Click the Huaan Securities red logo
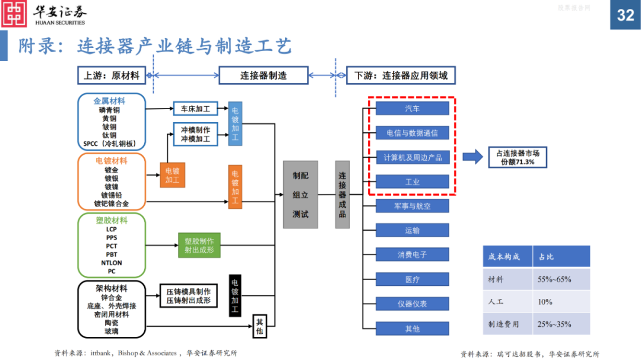[14, 14]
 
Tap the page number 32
[626, 15]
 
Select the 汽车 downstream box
[412, 109]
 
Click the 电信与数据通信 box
[412, 133]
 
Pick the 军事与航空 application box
[412, 206]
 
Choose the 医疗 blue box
[412, 279]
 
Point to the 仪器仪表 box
[412, 304]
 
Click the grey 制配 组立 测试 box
[300, 195]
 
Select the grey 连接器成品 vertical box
[342, 195]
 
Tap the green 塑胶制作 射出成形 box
[199, 245]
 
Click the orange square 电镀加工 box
[173, 175]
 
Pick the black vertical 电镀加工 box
[234, 295]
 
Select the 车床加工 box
[195, 109]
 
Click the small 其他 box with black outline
[259, 326]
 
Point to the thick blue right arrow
[473, 157]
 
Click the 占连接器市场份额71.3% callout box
[518, 157]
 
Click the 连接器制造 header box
[264, 75]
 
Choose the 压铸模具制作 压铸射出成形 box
[189, 296]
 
